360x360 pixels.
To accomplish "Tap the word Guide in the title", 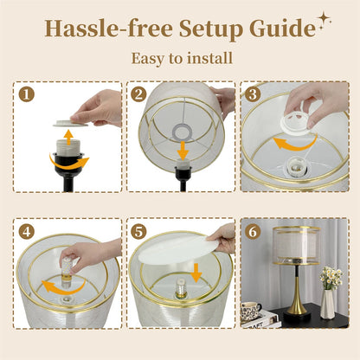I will click(282, 29).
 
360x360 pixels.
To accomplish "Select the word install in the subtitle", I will click(209, 59).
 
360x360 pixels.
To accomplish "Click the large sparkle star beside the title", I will click(324, 19).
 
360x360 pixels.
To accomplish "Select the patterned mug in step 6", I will click(253, 309).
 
